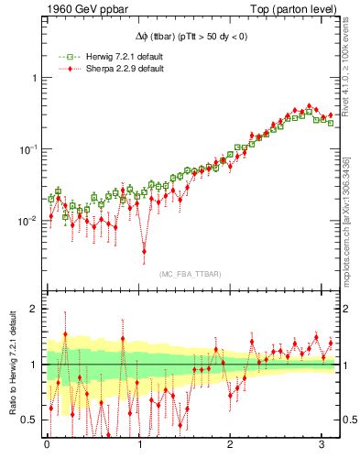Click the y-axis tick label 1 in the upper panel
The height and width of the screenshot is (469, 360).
point(34,78)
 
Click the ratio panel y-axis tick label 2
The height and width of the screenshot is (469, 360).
point(34,309)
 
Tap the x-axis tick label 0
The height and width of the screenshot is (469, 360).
point(48,446)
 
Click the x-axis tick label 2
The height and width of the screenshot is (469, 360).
point(232,446)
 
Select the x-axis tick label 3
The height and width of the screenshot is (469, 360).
point(323,446)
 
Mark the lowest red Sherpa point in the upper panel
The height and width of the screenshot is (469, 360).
point(144,250)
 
